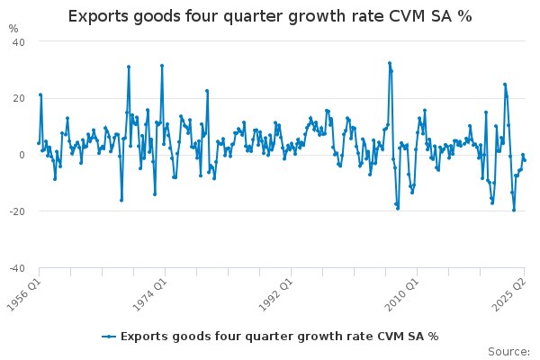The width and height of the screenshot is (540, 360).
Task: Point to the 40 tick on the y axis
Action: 18,42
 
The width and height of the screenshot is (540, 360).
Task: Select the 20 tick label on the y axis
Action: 18,98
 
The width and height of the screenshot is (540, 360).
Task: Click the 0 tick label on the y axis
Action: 22,155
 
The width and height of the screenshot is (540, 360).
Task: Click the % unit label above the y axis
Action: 13,29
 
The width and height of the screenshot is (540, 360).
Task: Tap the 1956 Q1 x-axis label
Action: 24,294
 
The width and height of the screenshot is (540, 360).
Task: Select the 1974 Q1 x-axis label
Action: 149,294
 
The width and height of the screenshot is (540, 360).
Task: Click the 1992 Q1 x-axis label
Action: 276,294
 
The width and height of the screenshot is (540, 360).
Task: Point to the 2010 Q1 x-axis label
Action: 402,294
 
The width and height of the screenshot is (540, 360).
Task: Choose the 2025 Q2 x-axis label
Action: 509,294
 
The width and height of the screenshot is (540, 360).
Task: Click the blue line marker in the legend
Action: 109,337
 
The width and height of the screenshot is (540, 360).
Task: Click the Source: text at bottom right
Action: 508,352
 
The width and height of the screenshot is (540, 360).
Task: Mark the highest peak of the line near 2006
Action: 390,63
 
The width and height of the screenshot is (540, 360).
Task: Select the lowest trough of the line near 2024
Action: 514,210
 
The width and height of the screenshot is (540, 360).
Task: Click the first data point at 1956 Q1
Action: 39,143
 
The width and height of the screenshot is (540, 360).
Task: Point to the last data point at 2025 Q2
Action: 525,160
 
